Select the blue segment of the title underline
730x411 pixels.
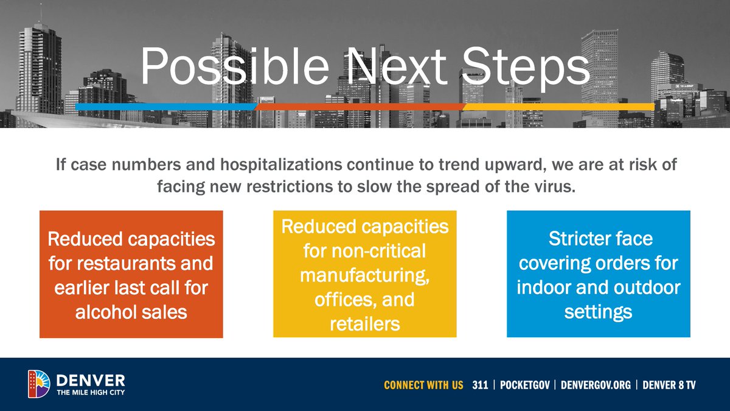(164, 107)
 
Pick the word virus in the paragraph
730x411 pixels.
(553, 186)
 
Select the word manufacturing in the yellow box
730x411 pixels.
(365, 275)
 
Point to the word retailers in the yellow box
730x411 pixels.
(365, 324)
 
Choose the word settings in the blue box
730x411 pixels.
(598, 312)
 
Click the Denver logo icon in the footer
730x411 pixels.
(39, 384)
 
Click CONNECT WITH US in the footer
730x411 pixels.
(423, 385)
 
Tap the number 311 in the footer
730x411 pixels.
(480, 385)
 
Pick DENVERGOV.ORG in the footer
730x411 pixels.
(596, 385)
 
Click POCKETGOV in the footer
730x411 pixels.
(527, 385)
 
